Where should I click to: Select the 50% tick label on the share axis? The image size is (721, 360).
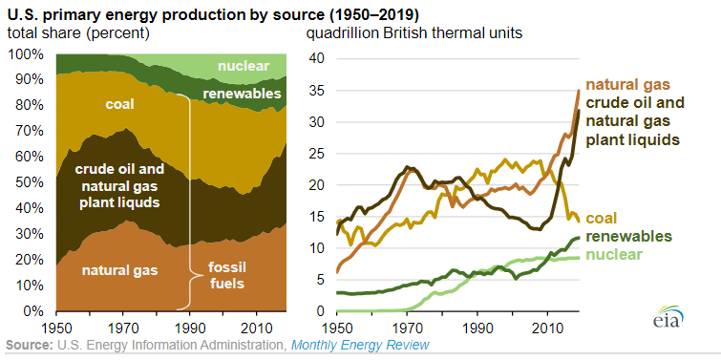[29, 182]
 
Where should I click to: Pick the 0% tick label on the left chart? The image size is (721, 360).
[32, 311]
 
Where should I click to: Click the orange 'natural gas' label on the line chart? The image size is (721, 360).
[630, 84]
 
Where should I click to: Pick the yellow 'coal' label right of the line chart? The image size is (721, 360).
[601, 218]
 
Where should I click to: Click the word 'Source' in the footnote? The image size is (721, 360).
[30, 345]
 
